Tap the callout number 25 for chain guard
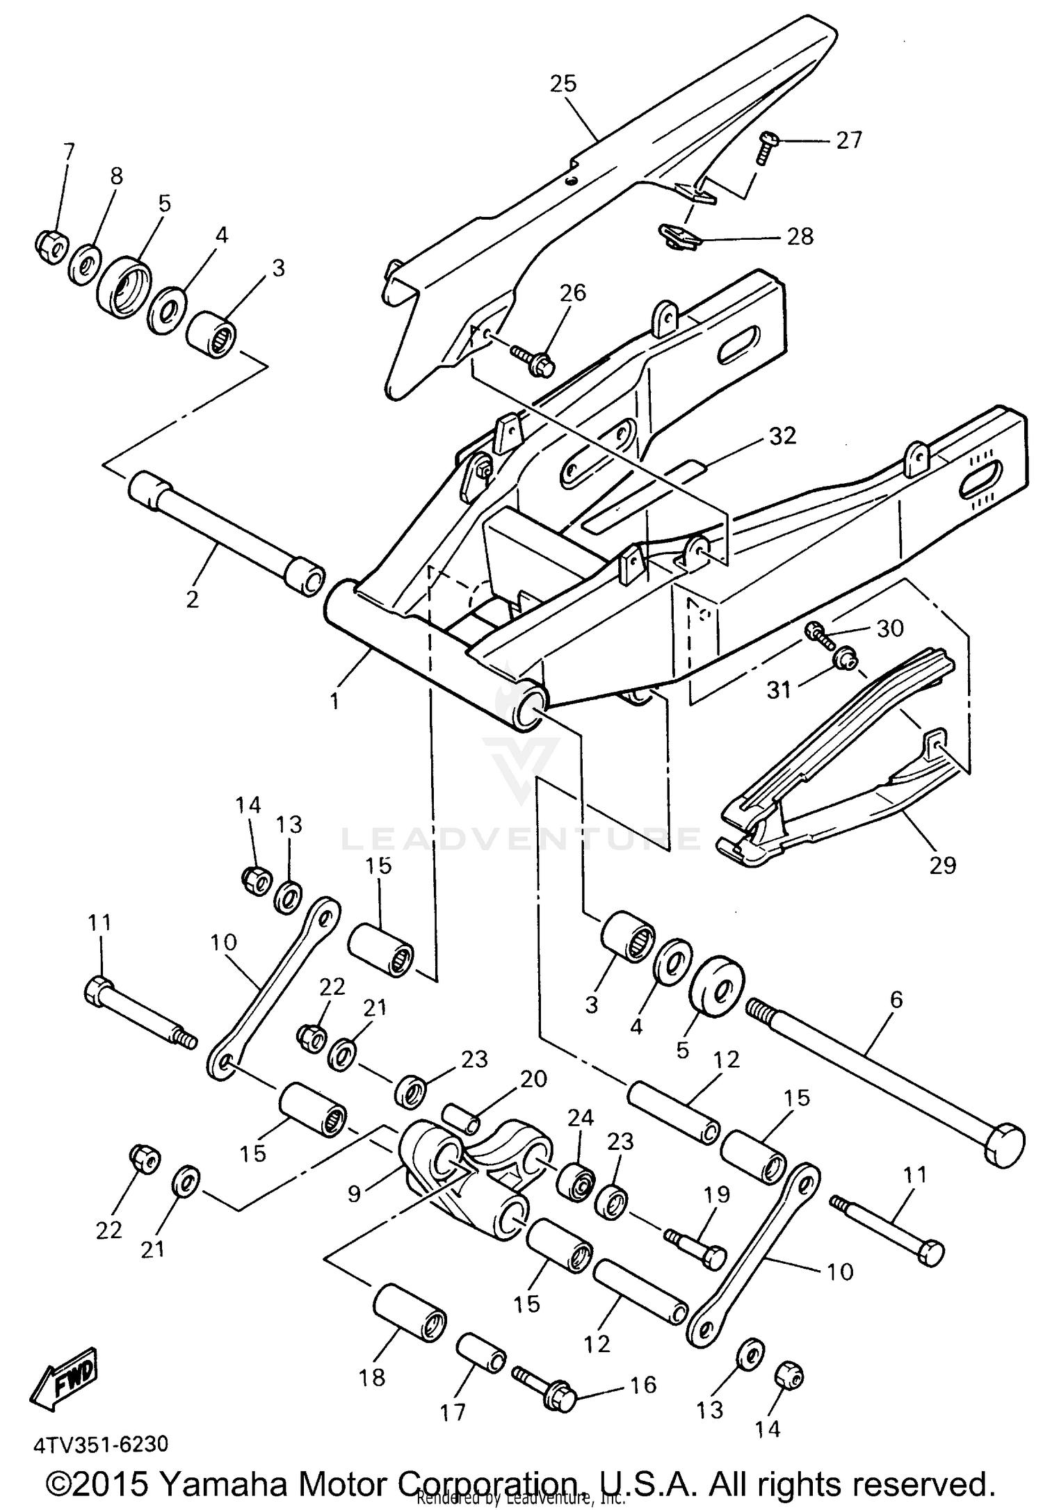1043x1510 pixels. (x=563, y=83)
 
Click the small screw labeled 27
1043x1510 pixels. (x=767, y=147)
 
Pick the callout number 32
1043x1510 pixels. (x=782, y=436)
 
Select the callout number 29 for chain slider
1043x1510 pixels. (x=942, y=865)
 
